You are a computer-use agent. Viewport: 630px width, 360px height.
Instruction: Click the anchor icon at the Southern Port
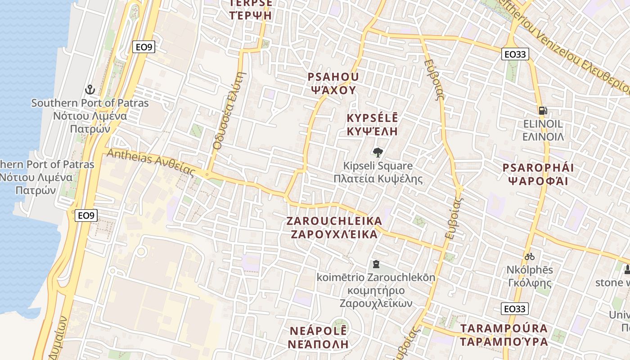[90, 90]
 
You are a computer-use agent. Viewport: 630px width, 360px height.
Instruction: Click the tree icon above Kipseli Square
[378, 153]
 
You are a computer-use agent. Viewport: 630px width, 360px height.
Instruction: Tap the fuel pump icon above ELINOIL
[543, 110]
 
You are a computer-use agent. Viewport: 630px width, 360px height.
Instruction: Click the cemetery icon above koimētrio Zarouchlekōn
[376, 264]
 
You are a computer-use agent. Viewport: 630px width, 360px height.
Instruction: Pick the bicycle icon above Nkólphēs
[530, 256]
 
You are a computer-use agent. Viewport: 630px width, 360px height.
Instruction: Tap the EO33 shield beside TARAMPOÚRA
[514, 309]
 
